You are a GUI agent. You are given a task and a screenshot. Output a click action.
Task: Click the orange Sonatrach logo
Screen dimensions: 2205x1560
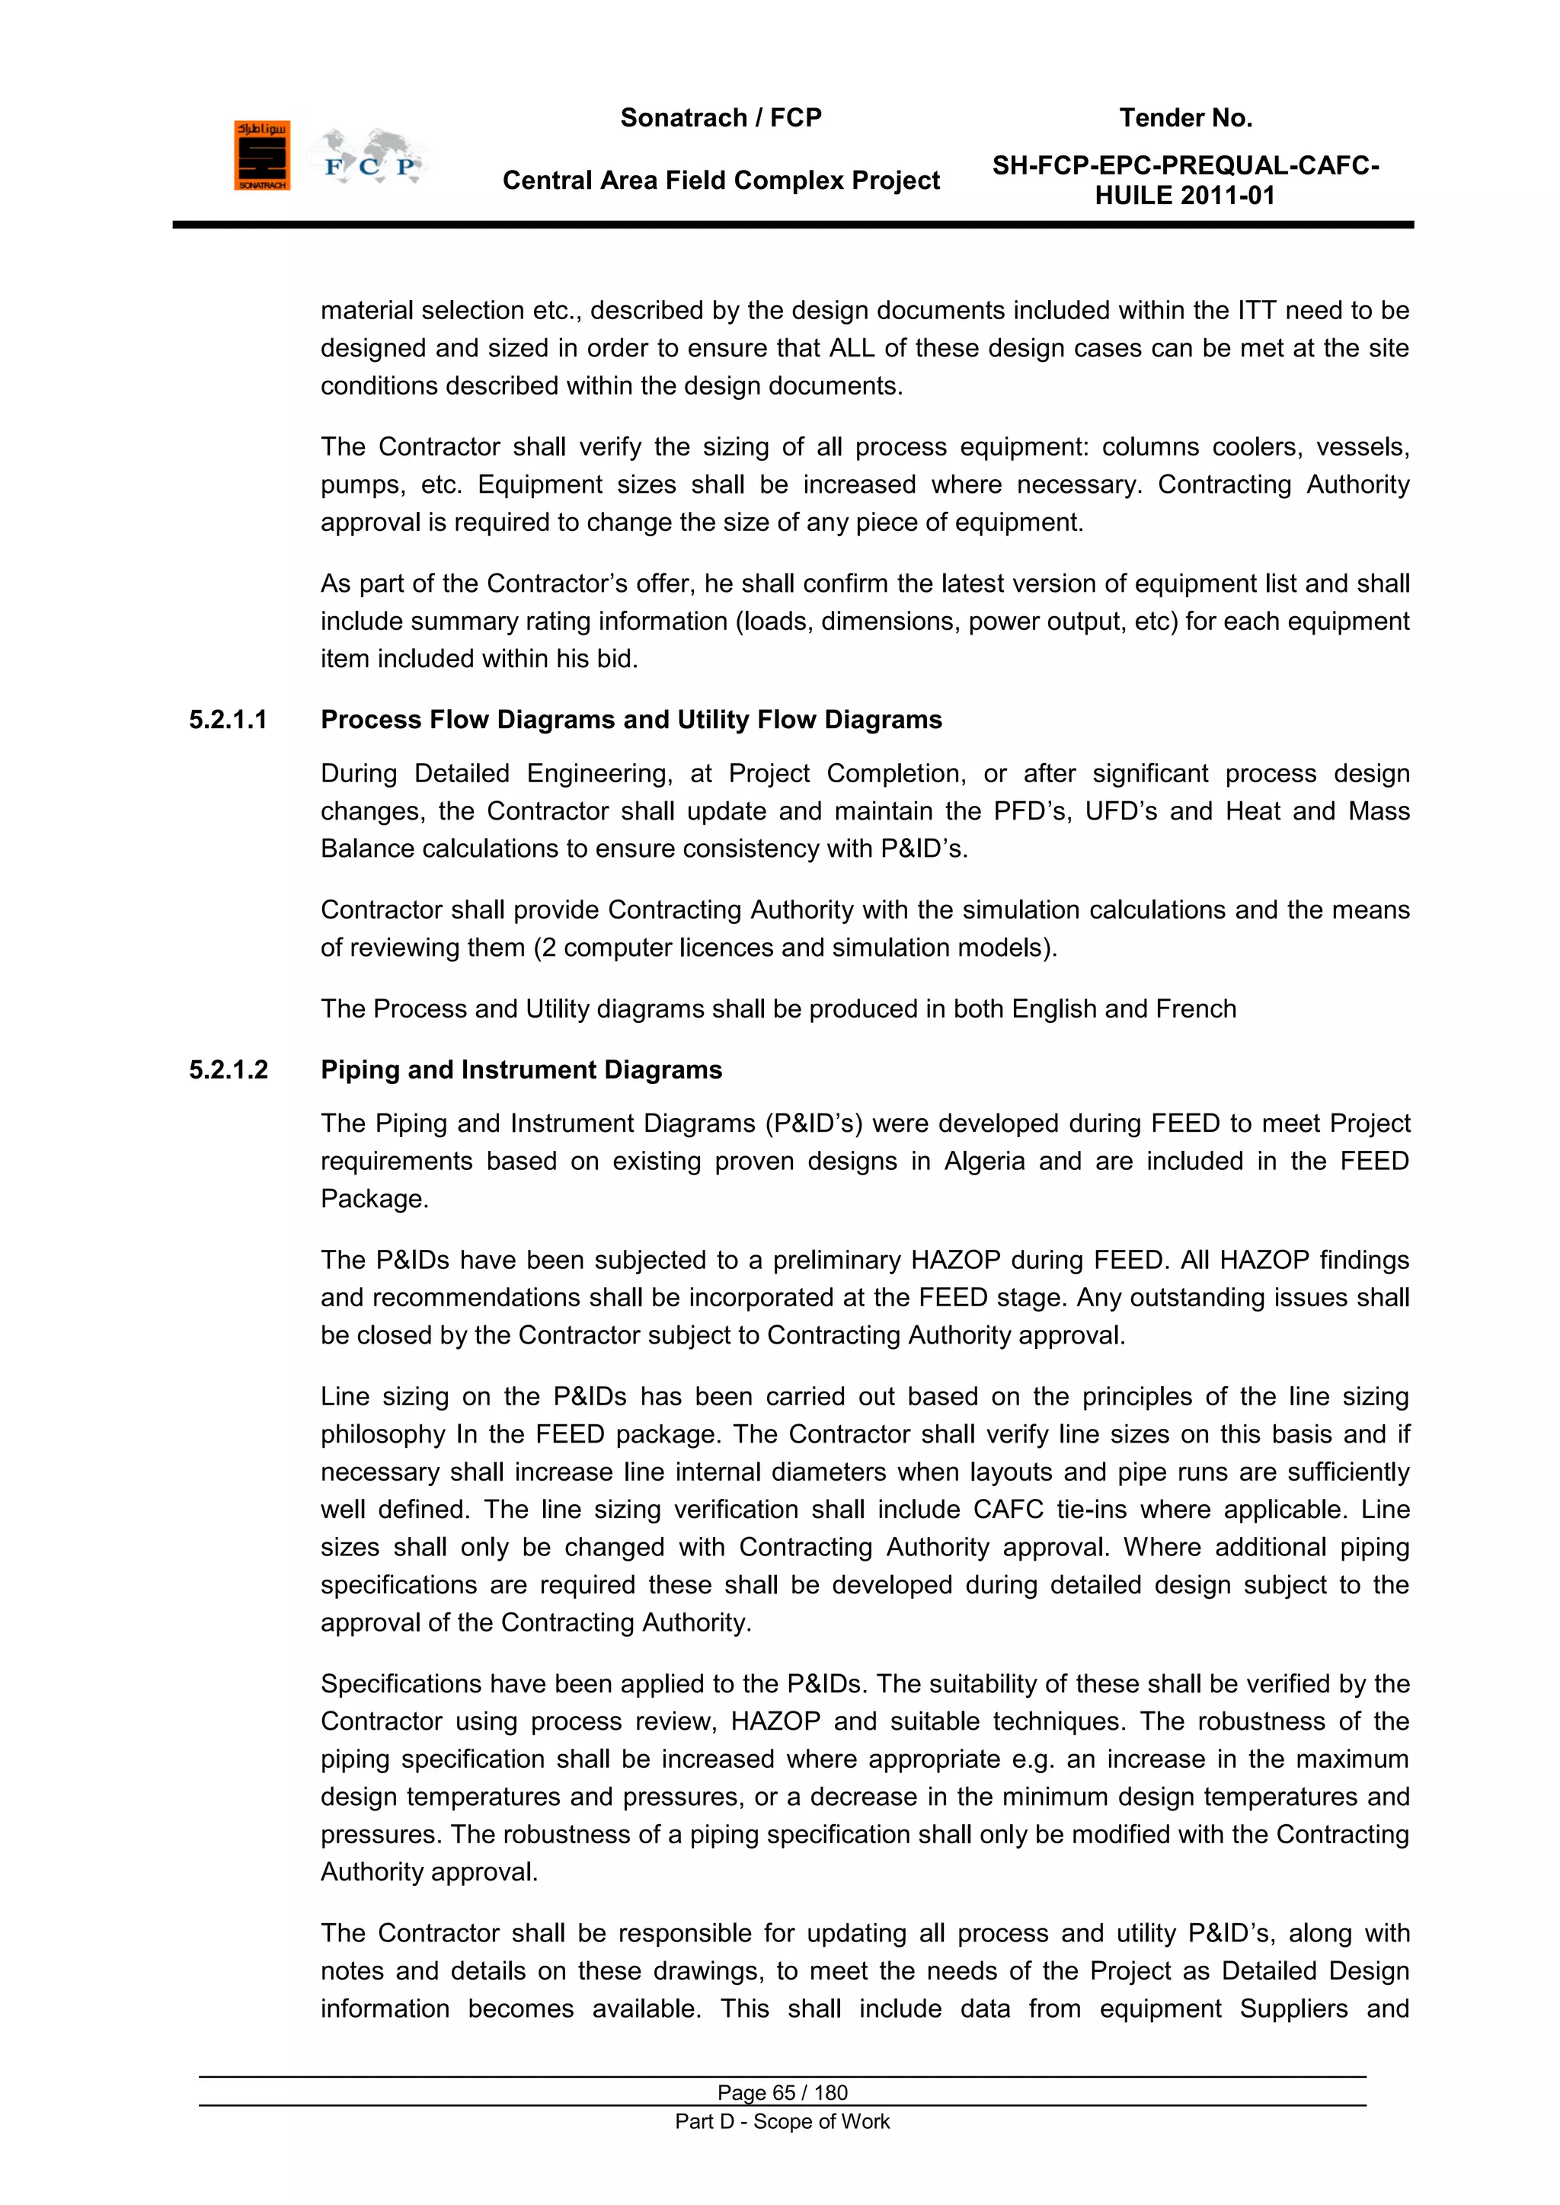click(261, 155)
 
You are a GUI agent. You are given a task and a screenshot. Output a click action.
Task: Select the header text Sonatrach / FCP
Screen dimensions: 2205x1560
click(721, 118)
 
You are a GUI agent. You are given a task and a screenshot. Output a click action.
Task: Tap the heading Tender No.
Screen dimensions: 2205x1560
click(1185, 118)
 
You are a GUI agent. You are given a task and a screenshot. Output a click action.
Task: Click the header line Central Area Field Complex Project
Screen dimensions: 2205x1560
click(721, 181)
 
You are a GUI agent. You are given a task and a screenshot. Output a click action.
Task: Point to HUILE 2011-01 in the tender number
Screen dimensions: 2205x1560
click(1184, 196)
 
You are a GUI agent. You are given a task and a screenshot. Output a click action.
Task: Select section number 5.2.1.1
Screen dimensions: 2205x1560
click(229, 721)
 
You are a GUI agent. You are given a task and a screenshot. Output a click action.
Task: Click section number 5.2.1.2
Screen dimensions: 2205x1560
click(229, 1070)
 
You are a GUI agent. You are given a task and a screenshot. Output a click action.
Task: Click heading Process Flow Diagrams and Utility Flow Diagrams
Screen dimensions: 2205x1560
click(631, 721)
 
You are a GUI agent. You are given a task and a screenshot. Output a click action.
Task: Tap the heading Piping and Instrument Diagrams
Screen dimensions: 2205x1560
click(521, 1070)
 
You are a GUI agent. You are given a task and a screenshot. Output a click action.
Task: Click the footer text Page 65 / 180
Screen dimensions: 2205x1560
click(782, 2092)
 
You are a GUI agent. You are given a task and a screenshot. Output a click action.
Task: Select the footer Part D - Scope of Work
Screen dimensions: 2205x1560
click(782, 2121)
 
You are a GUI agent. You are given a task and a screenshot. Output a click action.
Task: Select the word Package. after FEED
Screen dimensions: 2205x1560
click(375, 1200)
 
